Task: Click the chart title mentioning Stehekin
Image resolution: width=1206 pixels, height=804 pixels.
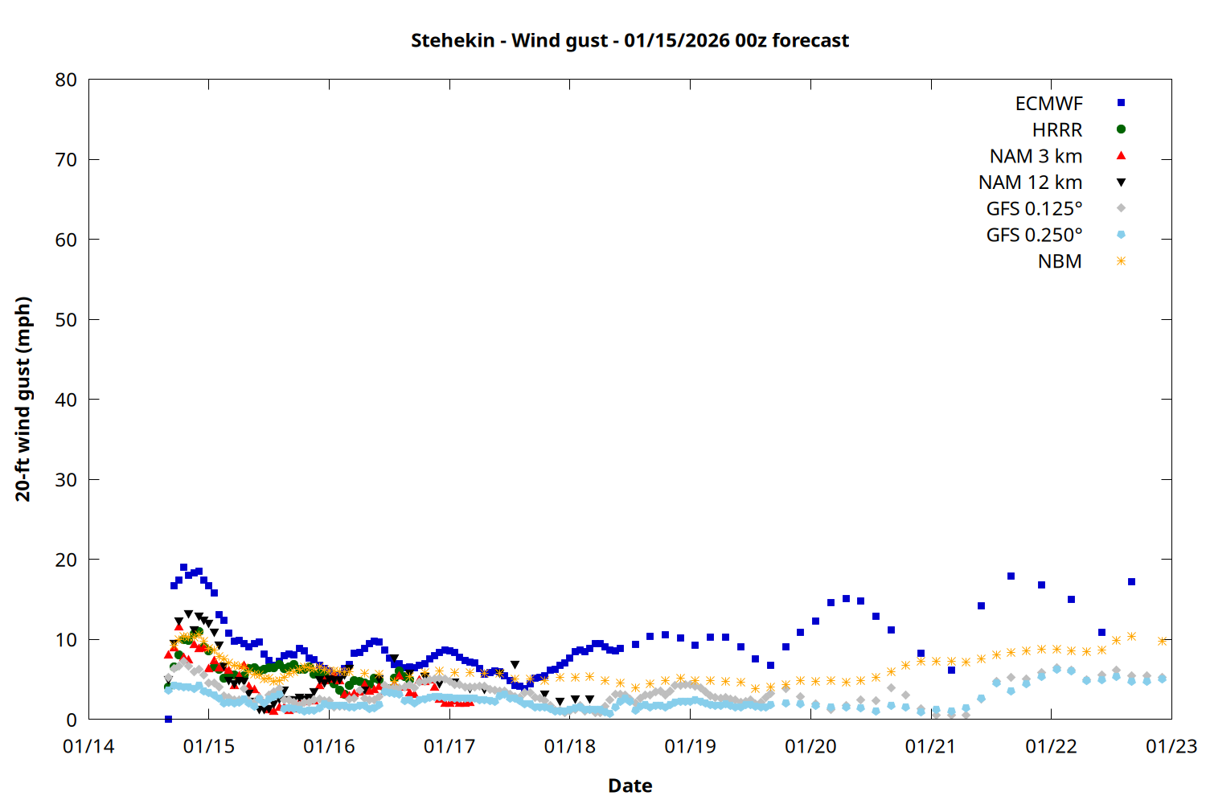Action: point(630,40)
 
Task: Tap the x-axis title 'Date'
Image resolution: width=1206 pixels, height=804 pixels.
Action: point(630,786)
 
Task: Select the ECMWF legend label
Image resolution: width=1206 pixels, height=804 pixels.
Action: point(1048,104)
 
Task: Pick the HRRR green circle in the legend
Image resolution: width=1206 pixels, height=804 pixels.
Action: point(1121,129)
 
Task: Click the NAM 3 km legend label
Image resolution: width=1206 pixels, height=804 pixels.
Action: point(1036,156)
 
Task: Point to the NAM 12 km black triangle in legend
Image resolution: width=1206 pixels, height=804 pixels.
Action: point(1121,183)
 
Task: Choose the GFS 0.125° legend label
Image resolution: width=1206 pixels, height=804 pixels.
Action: point(1034,209)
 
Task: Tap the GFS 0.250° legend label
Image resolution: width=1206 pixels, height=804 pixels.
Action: point(1034,236)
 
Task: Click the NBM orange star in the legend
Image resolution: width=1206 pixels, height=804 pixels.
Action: point(1121,261)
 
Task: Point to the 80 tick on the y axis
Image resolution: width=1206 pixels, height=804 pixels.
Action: point(66,80)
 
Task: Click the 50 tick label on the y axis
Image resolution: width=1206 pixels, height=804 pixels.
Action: point(66,320)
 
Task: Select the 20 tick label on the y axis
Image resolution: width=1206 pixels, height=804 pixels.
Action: point(66,560)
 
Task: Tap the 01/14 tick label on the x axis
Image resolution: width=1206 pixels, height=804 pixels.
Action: point(88,747)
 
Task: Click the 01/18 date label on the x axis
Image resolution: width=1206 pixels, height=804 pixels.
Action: point(569,747)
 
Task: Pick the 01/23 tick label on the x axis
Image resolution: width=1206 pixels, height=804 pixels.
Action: point(1171,747)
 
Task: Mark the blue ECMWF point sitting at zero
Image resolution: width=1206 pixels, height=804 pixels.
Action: point(168,719)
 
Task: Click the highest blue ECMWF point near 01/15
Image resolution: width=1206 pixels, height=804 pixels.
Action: point(183,568)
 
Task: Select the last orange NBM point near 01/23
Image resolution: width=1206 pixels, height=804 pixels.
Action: point(1162,641)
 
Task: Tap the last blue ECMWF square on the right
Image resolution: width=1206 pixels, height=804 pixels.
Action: point(1131,581)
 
